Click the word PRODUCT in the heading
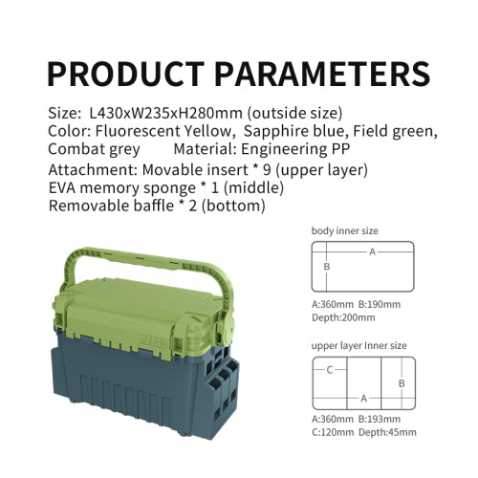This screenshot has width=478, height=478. tap(126, 74)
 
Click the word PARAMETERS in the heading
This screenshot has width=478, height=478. tap(322, 74)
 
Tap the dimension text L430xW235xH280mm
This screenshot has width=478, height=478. tap(166, 113)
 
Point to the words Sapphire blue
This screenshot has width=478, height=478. tap(293, 132)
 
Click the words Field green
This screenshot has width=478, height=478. tap(395, 132)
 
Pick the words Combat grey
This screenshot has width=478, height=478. tap(94, 149)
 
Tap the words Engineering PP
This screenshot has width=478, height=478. tap(295, 149)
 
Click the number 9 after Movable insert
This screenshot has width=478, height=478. tap(267, 170)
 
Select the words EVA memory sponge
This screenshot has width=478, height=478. tap(121, 188)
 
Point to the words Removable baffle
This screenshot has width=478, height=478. tap(111, 206)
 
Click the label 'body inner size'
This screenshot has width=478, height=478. tap(345, 230)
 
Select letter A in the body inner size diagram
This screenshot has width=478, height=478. tap(372, 252)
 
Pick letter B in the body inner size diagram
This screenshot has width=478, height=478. tap(327, 267)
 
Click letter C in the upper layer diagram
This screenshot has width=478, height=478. tap(330, 370)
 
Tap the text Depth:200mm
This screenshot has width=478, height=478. tap(343, 317)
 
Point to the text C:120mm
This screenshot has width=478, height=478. tap(333, 432)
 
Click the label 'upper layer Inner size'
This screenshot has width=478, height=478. tap(358, 346)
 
